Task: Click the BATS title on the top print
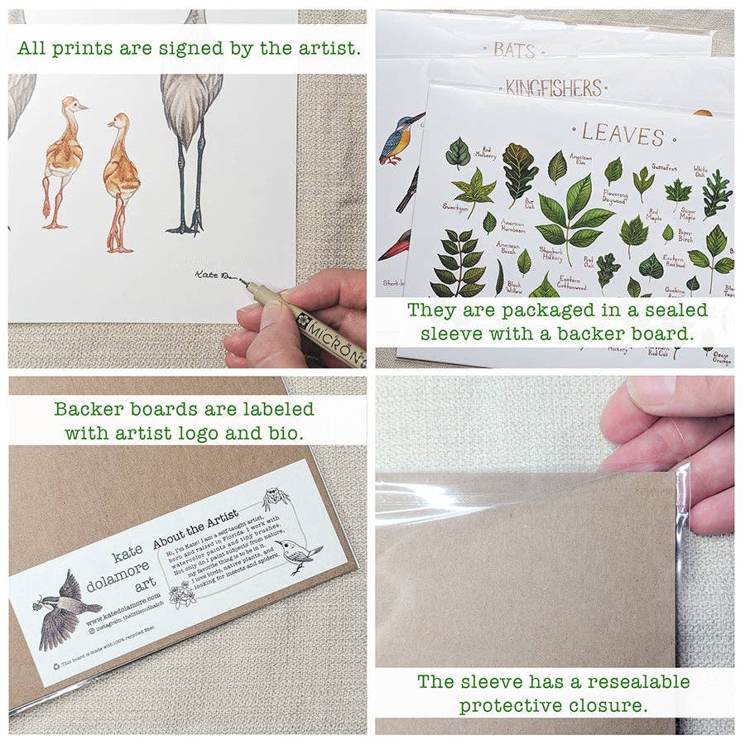tap(514, 49)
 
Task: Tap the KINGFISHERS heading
tap(553, 87)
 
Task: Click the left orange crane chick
tap(63, 161)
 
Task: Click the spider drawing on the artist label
tap(276, 500)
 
